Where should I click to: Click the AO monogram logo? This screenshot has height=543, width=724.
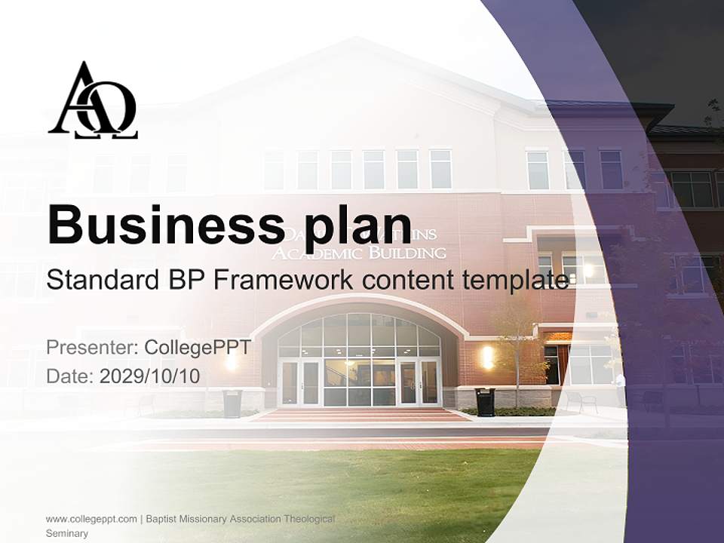click(x=93, y=101)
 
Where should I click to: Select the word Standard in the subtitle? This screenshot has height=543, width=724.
click(x=99, y=280)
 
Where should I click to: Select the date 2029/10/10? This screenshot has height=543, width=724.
click(x=150, y=376)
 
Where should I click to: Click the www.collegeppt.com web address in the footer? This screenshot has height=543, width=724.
click(x=91, y=519)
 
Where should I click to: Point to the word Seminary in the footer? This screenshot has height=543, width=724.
click(x=67, y=533)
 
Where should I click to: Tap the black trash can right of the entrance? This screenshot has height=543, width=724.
click(x=485, y=401)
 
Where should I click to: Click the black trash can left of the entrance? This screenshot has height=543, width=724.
click(x=232, y=403)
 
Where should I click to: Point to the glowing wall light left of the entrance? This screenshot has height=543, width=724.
click(x=231, y=360)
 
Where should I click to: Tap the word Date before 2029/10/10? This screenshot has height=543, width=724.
click(x=69, y=376)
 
